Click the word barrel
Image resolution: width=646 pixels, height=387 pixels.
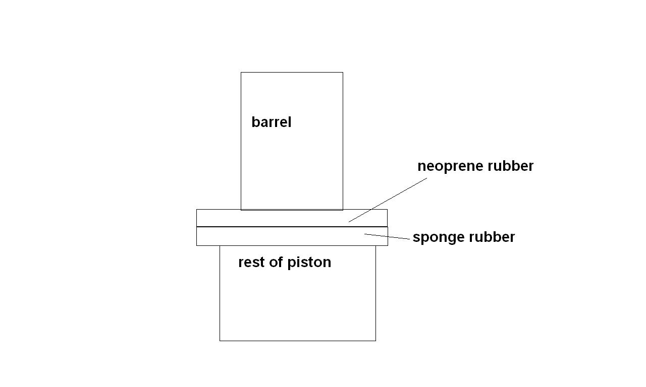pyautogui.click(x=271, y=122)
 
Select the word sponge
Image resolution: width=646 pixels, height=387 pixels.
pyautogui.click(x=434, y=237)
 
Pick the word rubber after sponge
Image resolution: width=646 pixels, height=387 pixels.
pyautogui.click(x=492, y=237)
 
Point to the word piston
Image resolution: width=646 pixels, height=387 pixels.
pyautogui.click(x=309, y=263)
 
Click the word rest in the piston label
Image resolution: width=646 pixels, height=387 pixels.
pyautogui.click(x=249, y=263)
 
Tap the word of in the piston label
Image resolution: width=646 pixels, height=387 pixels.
pyautogui.click(x=276, y=263)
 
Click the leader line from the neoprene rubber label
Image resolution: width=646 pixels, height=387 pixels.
pyautogui.click(x=388, y=200)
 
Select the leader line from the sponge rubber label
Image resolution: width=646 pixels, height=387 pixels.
pyautogui.click(x=388, y=237)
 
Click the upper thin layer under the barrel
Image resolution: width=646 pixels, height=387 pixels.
pyautogui.click(x=273, y=218)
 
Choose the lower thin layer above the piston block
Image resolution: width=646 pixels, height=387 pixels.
pyautogui.click(x=273, y=236)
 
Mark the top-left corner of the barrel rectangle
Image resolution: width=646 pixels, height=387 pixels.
pyautogui.click(x=241, y=73)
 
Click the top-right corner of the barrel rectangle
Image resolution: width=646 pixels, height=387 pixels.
pyautogui.click(x=343, y=73)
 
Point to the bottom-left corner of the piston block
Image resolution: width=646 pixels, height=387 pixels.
pyautogui.click(x=220, y=341)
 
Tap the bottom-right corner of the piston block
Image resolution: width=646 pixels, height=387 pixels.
pyautogui.click(x=375, y=341)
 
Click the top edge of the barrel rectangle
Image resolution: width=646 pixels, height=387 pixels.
pyautogui.click(x=292, y=73)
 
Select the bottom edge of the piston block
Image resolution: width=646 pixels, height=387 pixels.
pyautogui.click(x=298, y=341)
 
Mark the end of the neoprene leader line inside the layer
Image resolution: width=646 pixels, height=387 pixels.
pyautogui.click(x=349, y=222)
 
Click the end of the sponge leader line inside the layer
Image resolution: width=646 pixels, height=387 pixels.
pyautogui.click(x=365, y=234)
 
